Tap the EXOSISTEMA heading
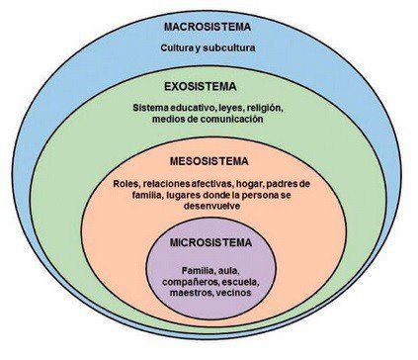coord(208,85)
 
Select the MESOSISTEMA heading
coord(208,159)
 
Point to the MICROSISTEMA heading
coord(209,242)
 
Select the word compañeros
coord(187,282)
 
